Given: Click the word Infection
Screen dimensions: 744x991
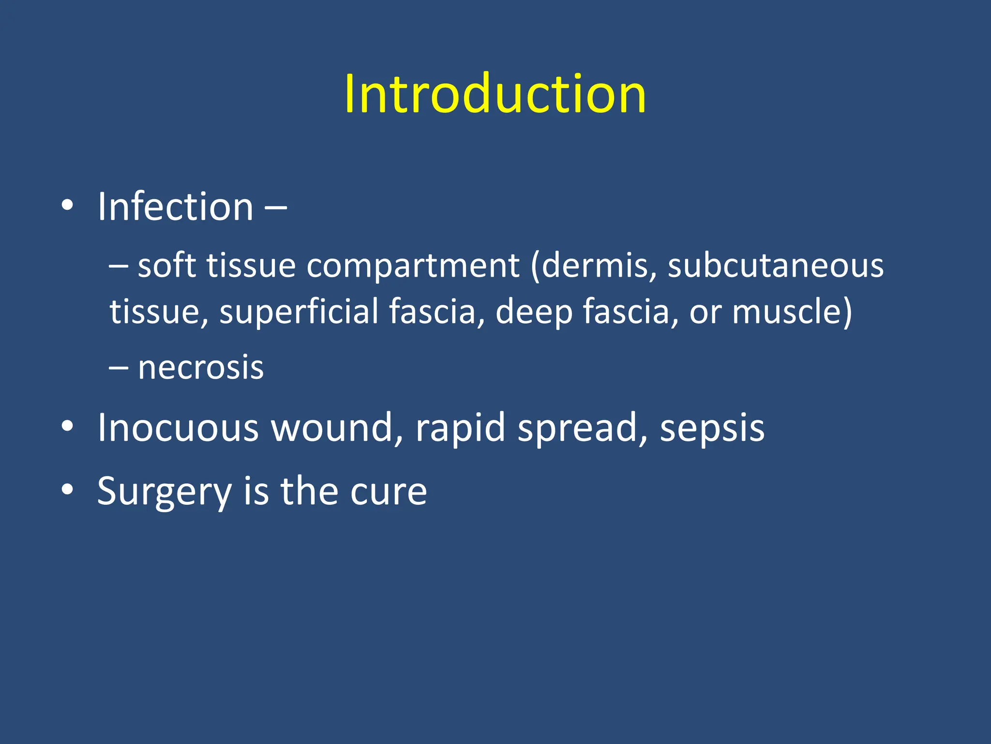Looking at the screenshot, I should point(175,207).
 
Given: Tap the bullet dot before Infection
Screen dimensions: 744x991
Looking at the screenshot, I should point(67,206).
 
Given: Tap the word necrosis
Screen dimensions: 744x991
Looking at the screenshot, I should point(201,368).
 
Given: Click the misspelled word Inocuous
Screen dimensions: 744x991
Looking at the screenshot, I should point(178,428).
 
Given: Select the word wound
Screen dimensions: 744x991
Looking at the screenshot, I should point(336,428).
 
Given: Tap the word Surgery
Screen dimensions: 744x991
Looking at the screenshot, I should point(164,492).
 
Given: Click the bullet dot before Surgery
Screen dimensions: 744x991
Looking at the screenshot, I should point(67,490).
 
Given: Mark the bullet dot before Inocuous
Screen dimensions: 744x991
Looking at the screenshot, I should point(67,426).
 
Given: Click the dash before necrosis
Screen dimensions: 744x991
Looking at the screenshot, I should point(119,368).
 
